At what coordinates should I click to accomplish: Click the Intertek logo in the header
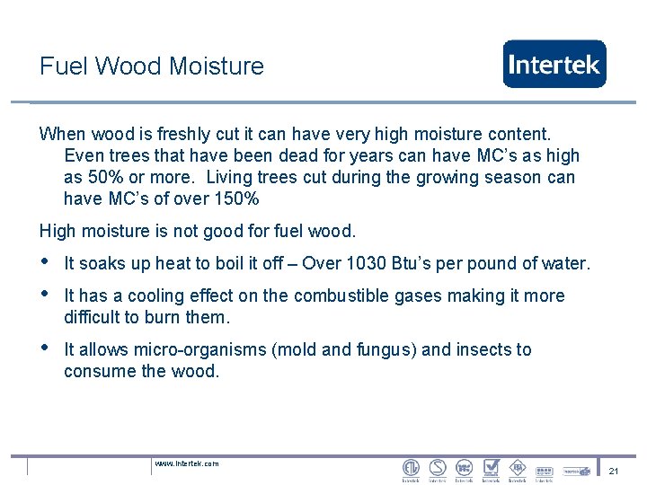(x=554, y=64)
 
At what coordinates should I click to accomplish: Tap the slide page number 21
(x=614, y=472)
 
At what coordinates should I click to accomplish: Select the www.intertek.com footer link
(x=187, y=463)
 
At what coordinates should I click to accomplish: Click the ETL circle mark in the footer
(x=411, y=468)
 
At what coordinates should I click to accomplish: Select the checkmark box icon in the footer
(x=491, y=468)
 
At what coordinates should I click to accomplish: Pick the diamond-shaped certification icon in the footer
(x=518, y=468)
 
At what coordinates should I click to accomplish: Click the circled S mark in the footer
(x=438, y=468)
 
